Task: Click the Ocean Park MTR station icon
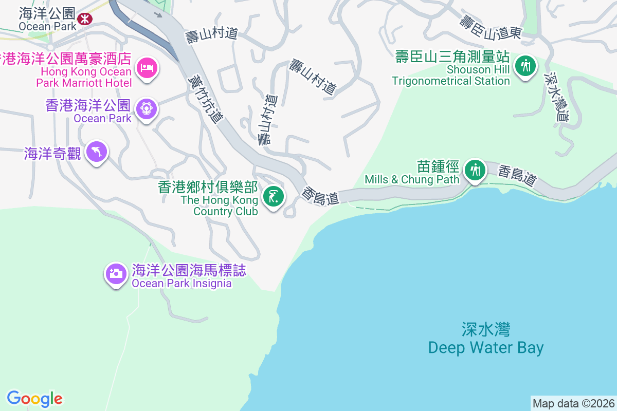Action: [84, 20]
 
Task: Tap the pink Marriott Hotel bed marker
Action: [147, 68]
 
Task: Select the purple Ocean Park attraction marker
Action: [147, 109]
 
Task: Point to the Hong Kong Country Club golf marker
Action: [273, 197]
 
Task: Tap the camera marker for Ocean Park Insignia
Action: [117, 273]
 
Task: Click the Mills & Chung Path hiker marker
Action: [475, 170]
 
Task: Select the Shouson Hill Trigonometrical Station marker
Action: [525, 66]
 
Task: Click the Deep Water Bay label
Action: [486, 339]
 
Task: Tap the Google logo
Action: [35, 399]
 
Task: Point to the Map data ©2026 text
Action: [573, 403]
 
